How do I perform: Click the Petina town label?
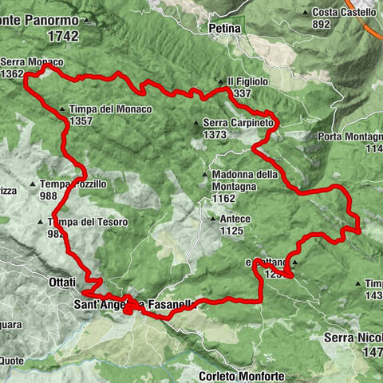click(227, 30)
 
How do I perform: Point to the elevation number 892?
click(322, 25)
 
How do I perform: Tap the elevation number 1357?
click(81, 121)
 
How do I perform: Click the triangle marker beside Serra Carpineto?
click(196, 123)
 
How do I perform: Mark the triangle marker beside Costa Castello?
click(307, 13)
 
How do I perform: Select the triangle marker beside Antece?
click(212, 219)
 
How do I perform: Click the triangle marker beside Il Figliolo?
click(221, 82)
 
